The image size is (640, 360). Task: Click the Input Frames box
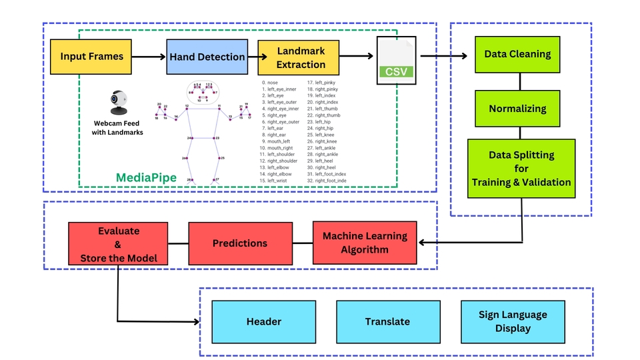[x=92, y=56]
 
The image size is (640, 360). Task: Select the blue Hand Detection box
[x=207, y=57]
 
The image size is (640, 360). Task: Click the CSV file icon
[x=396, y=60]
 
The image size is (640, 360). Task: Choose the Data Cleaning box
[x=517, y=55]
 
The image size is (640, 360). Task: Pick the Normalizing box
[x=517, y=108]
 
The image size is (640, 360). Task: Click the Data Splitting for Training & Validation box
[x=521, y=168]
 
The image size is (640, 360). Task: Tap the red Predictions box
[x=240, y=243]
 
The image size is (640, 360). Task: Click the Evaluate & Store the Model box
[x=118, y=243]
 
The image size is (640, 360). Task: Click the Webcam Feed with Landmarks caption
[x=117, y=128]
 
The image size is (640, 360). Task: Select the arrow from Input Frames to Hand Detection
[x=147, y=57]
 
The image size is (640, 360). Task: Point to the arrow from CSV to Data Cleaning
[x=447, y=57]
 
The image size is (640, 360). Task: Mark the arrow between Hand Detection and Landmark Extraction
[x=253, y=57]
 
